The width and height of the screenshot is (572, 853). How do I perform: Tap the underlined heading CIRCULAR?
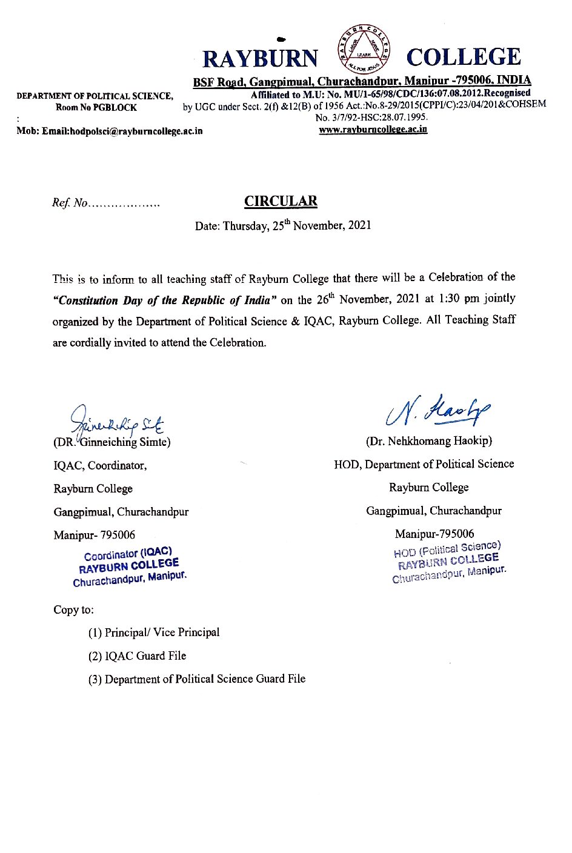(x=281, y=201)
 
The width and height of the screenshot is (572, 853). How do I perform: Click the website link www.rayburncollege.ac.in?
(x=373, y=129)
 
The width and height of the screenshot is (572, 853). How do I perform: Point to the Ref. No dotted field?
(x=107, y=204)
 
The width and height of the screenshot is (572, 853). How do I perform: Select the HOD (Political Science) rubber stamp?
(x=448, y=562)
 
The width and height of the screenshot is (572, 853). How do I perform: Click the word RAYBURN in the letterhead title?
(x=260, y=59)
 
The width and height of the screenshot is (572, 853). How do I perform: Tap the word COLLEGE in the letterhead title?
(x=464, y=58)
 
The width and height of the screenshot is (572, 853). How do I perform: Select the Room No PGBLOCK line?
(x=96, y=108)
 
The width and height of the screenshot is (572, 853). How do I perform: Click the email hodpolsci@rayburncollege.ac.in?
(x=122, y=131)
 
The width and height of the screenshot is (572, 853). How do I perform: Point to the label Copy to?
(x=73, y=610)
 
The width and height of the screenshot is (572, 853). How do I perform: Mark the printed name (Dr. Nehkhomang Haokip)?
(x=429, y=441)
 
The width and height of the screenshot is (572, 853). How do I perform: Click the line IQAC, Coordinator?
(x=100, y=466)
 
